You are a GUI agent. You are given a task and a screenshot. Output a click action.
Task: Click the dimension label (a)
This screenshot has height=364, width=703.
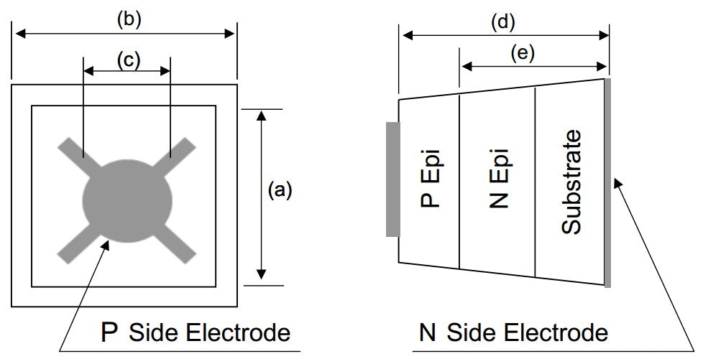click(x=280, y=190)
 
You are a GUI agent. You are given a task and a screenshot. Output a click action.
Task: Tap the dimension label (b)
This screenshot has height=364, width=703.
click(x=129, y=19)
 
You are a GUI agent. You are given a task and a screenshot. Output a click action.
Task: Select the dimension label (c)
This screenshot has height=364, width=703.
click(x=128, y=60)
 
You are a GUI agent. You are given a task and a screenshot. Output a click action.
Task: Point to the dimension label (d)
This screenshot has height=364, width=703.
click(x=502, y=22)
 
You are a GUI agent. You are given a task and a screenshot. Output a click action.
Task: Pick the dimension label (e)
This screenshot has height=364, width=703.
click(x=522, y=53)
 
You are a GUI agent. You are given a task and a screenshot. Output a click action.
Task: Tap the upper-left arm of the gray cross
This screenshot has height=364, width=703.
click(x=72, y=151)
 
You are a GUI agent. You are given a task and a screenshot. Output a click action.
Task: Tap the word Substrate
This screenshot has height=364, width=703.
click(x=571, y=182)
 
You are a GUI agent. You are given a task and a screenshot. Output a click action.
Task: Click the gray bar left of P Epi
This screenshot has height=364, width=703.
click(x=392, y=179)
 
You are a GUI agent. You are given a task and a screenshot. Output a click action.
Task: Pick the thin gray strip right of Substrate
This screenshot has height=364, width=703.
click(x=607, y=183)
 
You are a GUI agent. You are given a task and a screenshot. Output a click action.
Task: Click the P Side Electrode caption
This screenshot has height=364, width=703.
click(x=196, y=332)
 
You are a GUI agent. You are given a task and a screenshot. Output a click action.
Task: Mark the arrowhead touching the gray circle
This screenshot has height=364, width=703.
click(x=106, y=245)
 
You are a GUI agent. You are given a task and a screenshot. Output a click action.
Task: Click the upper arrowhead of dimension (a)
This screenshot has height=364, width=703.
click(x=262, y=114)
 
